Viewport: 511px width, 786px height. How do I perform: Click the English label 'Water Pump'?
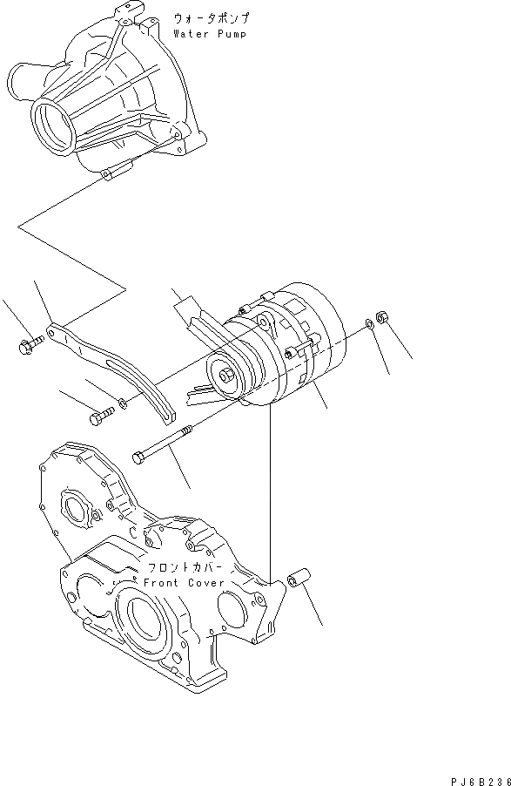(x=209, y=34)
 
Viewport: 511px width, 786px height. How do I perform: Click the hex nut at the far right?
(x=380, y=316)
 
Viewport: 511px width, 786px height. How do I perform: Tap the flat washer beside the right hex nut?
(x=370, y=325)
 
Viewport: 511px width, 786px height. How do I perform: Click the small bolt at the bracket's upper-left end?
(x=27, y=347)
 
